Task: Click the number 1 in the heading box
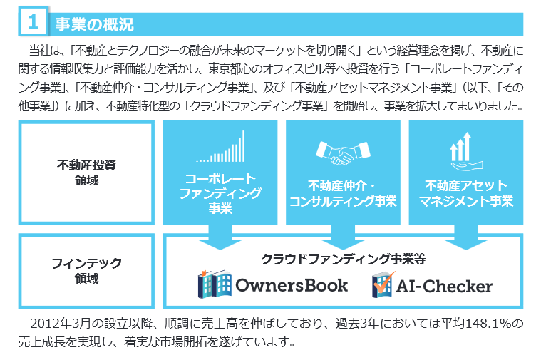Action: tap(33, 23)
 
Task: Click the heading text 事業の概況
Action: tap(94, 24)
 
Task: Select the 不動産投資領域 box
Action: tap(86, 173)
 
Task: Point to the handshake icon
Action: tap(342, 152)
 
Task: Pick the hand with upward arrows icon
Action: tap(465, 150)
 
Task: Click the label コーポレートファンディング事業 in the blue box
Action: tap(220, 192)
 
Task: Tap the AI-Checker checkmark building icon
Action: tap(382, 286)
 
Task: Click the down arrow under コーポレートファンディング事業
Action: tap(220, 237)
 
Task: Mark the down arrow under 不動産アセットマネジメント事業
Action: tap(465, 237)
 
